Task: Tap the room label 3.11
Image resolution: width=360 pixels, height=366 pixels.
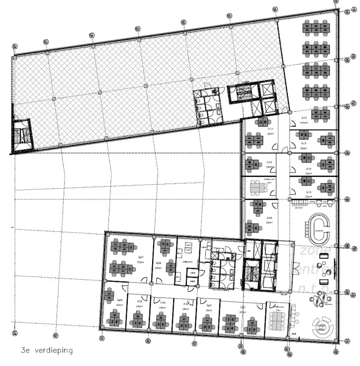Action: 270,129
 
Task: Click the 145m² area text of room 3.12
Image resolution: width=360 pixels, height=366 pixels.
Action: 304,123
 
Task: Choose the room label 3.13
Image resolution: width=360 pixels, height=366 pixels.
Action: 304,144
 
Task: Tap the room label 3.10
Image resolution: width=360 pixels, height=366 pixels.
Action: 269,162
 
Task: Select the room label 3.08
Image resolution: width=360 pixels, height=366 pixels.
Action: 158,263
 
